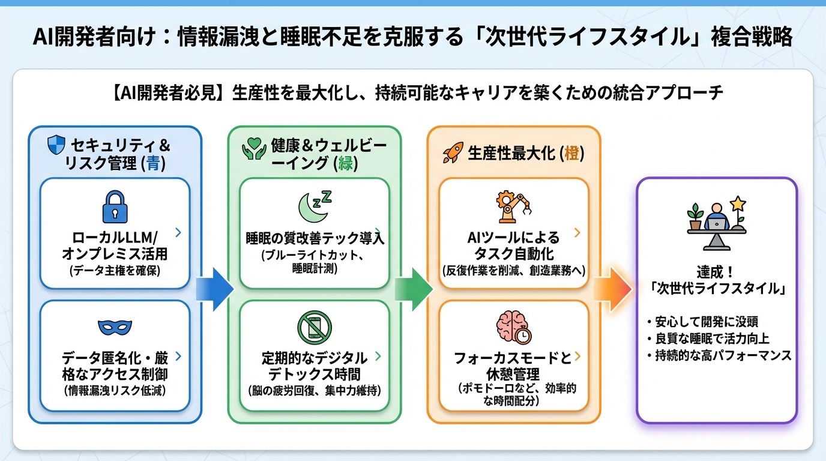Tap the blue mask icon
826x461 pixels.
pyautogui.click(x=115, y=327)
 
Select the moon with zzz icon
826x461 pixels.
pyautogui.click(x=315, y=206)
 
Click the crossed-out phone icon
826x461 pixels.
pyautogui.click(x=314, y=327)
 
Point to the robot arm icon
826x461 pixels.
pyautogui.click(x=514, y=206)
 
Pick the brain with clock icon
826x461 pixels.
pyautogui.click(x=513, y=327)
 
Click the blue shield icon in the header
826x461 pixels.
pyautogui.click(x=56, y=144)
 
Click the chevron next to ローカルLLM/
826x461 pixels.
pyautogui.click(x=177, y=232)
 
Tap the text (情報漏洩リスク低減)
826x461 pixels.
pyautogui.click(x=115, y=391)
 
